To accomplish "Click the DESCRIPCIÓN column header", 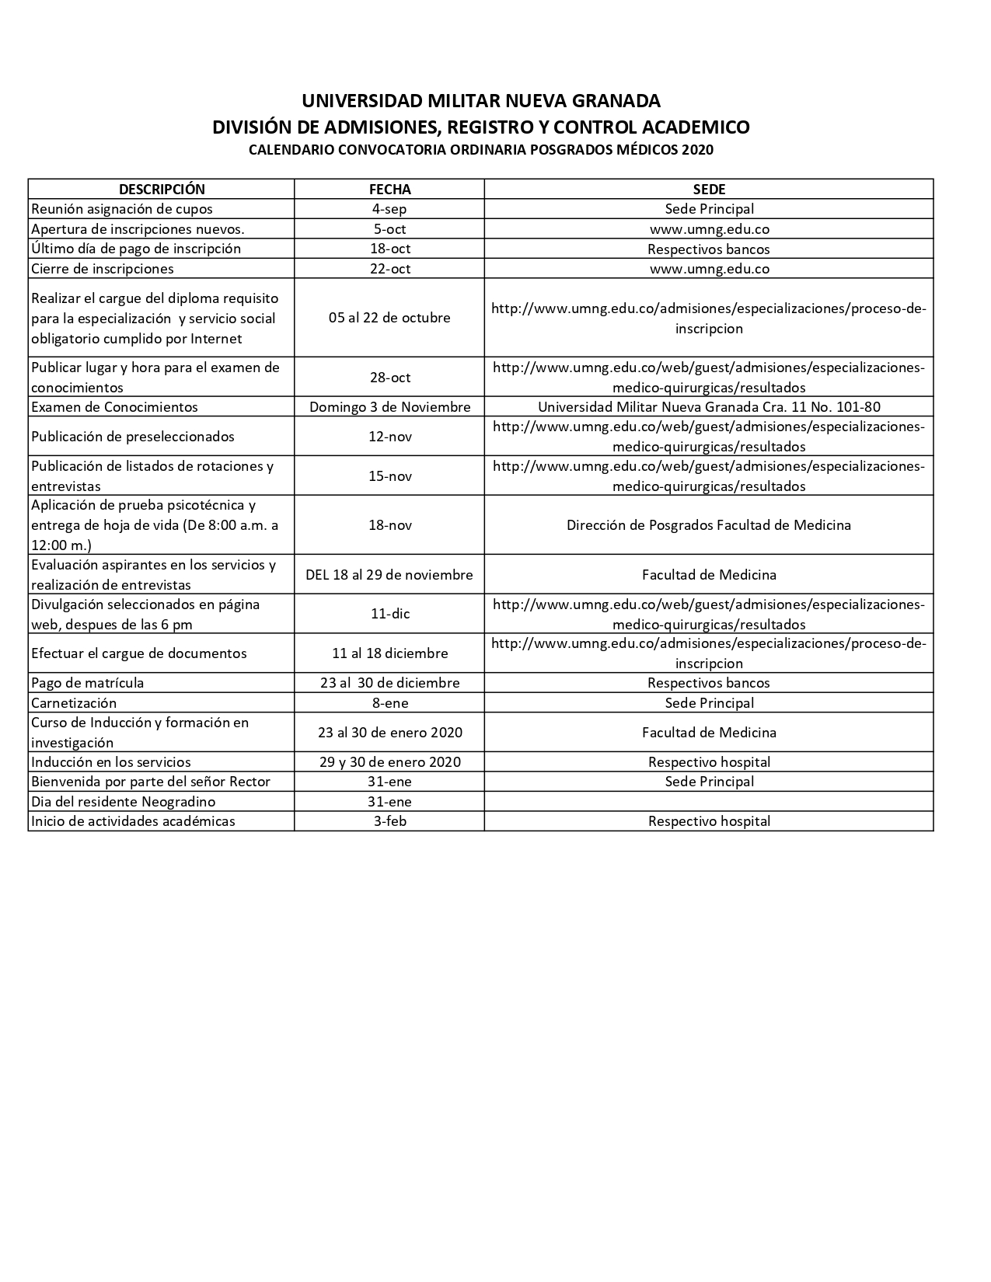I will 162,189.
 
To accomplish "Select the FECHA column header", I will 389,189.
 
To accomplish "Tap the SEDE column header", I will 709,189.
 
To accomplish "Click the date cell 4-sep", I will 389,209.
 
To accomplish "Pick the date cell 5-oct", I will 389,229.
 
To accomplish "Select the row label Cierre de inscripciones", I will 103,269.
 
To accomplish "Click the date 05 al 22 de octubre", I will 389,318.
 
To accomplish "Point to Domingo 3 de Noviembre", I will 389,407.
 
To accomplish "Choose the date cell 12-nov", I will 389,437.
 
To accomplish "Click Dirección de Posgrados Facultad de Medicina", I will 709,525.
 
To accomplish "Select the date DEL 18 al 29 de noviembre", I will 389,575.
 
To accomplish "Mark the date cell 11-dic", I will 389,614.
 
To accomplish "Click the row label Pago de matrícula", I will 88,683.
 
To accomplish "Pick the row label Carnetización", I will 74,703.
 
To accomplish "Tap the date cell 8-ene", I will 389,703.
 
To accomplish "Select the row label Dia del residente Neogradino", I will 124,802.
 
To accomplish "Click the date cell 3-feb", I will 389,821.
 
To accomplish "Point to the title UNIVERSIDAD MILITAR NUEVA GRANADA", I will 480,101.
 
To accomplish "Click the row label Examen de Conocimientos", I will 114,407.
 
